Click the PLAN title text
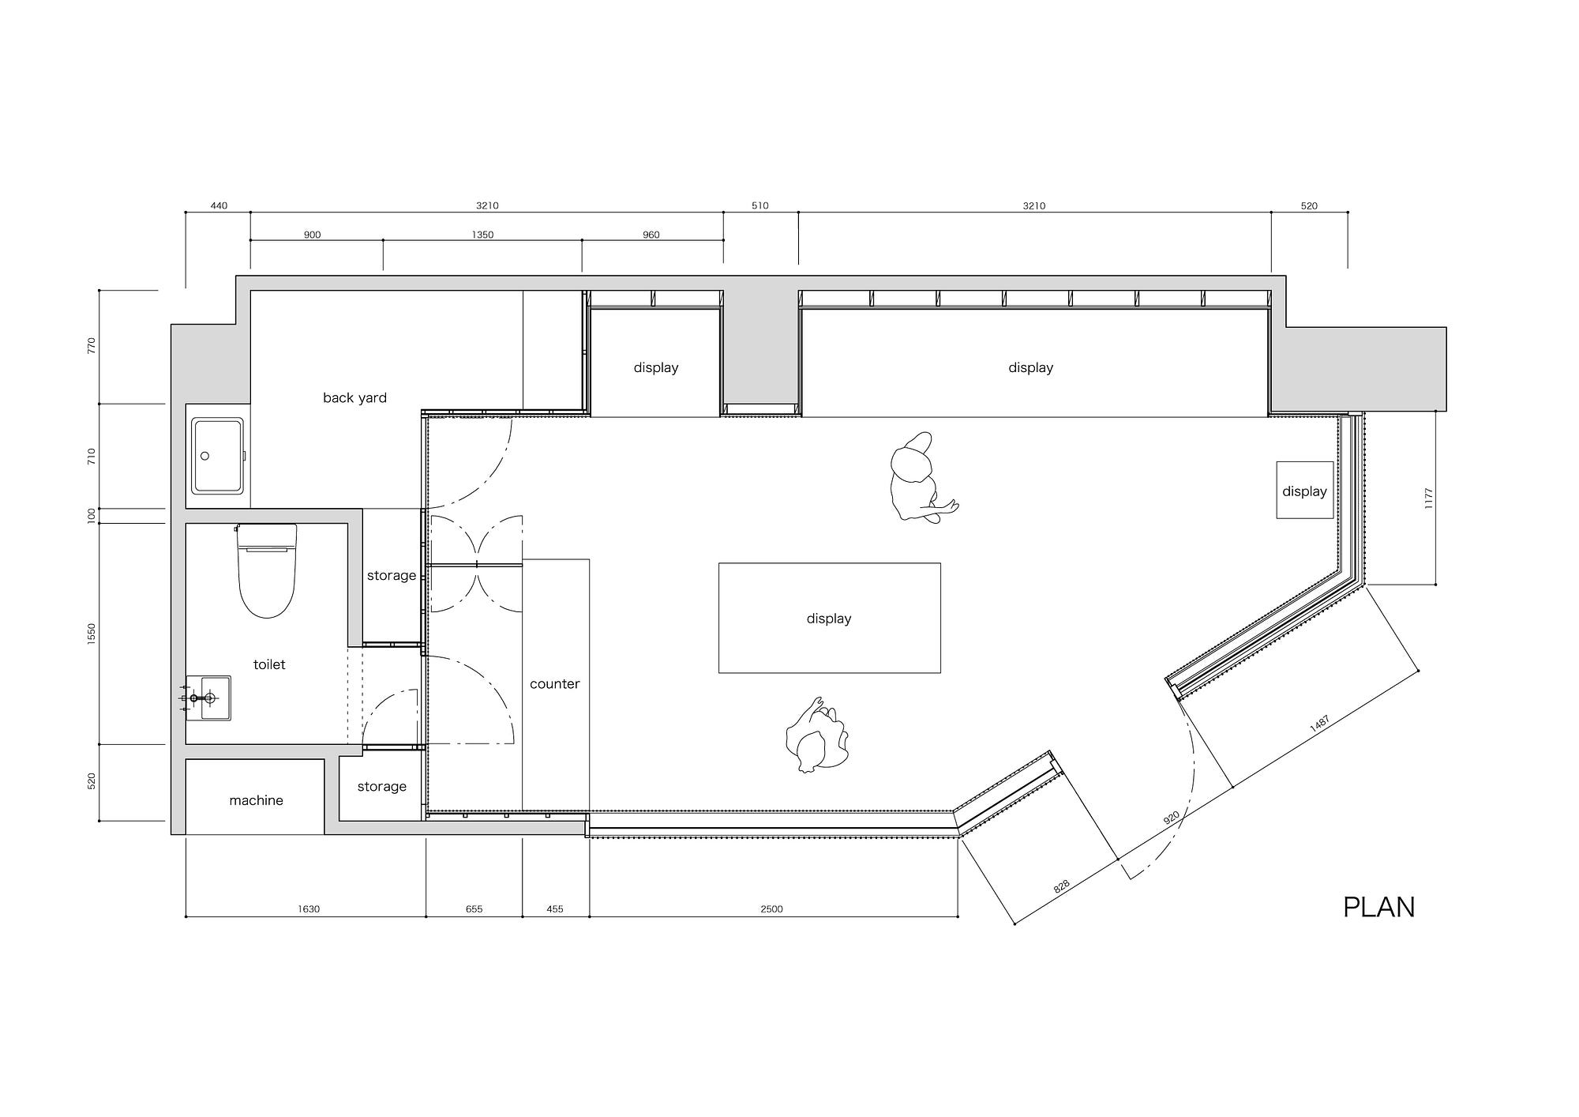(1378, 907)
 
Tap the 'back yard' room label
(354, 397)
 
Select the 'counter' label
(554, 684)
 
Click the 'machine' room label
(256, 800)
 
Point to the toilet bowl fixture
(267, 570)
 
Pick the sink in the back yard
(218, 456)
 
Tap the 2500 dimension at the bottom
(771, 908)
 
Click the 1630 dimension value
(309, 908)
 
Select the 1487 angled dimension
(1319, 724)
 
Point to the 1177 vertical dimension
(1428, 498)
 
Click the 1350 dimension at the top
(482, 235)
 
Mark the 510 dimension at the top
(759, 205)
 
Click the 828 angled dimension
(1061, 886)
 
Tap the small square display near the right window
(1304, 490)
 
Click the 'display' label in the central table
(829, 619)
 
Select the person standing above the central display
(920, 476)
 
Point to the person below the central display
(817, 735)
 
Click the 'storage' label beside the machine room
(381, 786)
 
